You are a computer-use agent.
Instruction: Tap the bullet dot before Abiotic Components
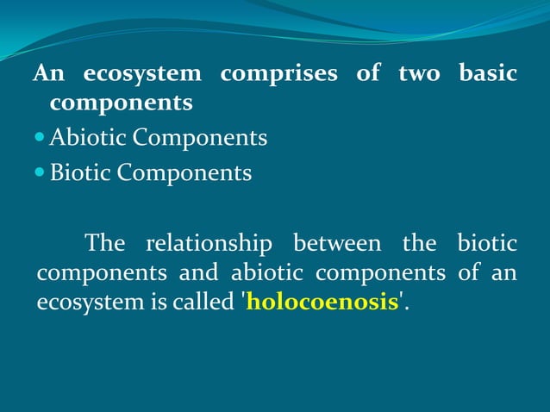tap(41, 138)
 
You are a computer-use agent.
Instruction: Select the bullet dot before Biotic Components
tap(41, 173)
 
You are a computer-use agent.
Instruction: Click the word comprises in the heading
tap(278, 75)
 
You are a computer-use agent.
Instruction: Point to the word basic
tap(488, 73)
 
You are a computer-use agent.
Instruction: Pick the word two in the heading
tap(419, 74)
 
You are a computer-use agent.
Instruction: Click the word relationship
tap(209, 244)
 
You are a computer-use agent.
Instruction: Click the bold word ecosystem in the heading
tap(142, 75)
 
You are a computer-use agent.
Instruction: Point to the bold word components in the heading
tap(121, 104)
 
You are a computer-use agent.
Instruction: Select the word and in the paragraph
tap(199, 274)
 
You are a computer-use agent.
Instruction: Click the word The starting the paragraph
tap(105, 244)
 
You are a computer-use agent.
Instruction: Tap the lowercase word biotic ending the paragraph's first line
tap(487, 244)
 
